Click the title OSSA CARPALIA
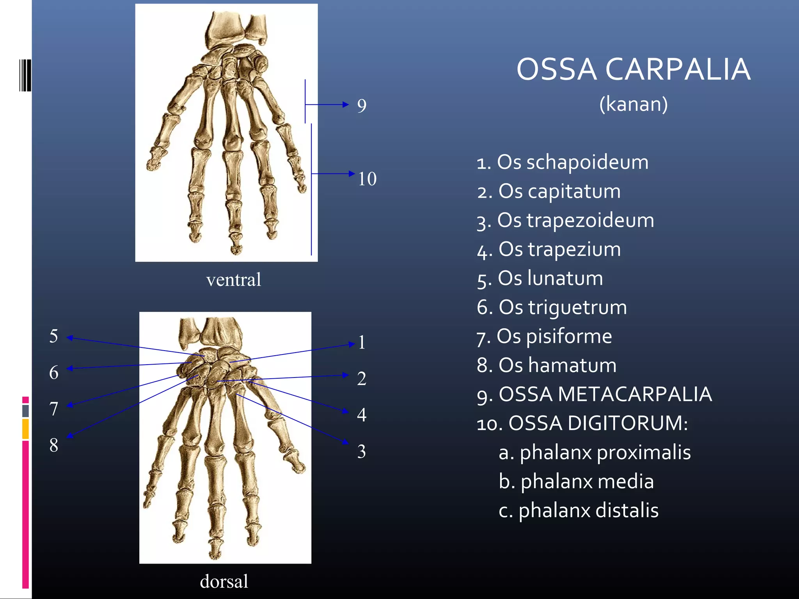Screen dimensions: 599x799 coord(633,69)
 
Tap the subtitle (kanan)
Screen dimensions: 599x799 coord(633,104)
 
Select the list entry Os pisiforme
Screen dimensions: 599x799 coord(544,336)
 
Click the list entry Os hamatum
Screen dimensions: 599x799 coord(546,365)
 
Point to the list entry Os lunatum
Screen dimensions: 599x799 coord(540,278)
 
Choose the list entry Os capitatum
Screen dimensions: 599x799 coord(549,191)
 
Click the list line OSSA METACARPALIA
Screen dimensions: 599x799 coord(594,394)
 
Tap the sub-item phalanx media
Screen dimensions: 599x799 coord(576,482)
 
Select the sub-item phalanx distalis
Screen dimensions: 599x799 coord(579,510)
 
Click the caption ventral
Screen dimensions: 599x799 coord(233,280)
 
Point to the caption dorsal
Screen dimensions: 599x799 coord(224,581)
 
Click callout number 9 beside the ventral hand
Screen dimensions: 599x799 coord(362,106)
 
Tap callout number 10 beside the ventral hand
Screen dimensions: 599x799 coord(367,179)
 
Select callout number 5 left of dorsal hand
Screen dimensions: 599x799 coord(54,336)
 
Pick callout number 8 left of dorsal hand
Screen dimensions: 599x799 coord(54,445)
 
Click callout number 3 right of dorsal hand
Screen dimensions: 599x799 coord(362,452)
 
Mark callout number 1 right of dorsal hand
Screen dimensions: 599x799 coord(362,342)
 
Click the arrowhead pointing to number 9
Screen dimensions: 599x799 coord(345,104)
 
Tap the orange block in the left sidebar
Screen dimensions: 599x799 coord(25,429)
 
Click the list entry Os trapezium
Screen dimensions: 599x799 coord(549,249)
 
